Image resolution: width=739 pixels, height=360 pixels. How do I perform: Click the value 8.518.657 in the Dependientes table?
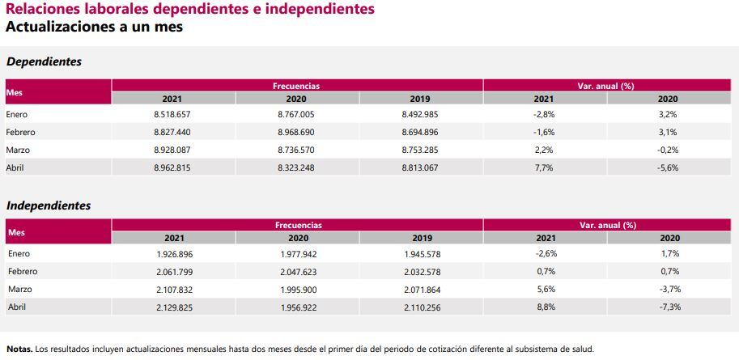point(172,115)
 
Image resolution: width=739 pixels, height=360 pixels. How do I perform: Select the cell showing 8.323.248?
point(295,167)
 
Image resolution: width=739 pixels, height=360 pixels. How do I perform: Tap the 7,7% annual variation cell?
point(544,167)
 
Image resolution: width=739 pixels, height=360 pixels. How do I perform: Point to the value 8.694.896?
point(419,133)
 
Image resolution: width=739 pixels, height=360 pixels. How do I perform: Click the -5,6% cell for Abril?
point(668,167)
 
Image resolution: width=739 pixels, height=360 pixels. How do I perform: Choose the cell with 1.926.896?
point(173,254)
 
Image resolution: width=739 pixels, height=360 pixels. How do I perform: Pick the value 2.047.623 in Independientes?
point(298,272)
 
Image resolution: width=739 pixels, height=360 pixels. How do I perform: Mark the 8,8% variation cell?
point(546,307)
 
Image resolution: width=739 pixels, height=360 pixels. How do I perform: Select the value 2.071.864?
point(422,290)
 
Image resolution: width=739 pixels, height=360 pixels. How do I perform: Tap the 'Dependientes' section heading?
point(44,61)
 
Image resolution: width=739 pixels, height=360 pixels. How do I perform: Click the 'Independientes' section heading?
point(49,206)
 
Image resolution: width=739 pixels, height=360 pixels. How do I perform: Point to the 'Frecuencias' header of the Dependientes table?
point(296,85)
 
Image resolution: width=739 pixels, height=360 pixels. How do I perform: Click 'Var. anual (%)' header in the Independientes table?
point(607,225)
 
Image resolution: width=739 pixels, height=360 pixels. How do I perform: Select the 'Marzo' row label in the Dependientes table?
point(19,150)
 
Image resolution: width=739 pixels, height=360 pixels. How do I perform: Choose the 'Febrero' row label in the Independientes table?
point(22,272)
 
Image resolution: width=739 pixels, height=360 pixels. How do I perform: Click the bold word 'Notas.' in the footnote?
point(19,349)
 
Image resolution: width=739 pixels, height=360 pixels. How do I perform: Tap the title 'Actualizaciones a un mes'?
point(94,27)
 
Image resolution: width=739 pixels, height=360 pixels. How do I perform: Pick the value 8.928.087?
point(172,150)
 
